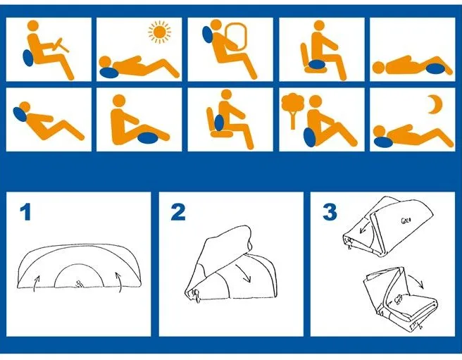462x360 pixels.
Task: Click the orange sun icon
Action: [x=159, y=32]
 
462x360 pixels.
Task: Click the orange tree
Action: [x=292, y=111]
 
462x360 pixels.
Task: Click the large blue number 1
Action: [x=25, y=213]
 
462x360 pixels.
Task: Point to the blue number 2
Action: [x=178, y=212]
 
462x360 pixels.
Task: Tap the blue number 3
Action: [x=330, y=212]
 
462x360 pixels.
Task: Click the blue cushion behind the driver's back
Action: [x=28, y=58]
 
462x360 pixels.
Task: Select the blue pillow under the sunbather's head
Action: [x=108, y=73]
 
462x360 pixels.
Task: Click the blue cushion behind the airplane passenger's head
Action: [x=208, y=35]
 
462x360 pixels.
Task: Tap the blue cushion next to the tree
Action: [x=310, y=137]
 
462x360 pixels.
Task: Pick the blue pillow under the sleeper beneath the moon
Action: [x=383, y=142]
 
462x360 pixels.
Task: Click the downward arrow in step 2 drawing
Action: [x=244, y=273]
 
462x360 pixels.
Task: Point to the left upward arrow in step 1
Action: [x=36, y=283]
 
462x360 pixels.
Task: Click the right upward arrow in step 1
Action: [x=119, y=283]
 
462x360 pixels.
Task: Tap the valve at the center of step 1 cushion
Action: [x=80, y=284]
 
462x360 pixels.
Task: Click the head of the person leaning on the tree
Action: [x=316, y=101]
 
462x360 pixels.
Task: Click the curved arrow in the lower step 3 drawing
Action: [x=416, y=280]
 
